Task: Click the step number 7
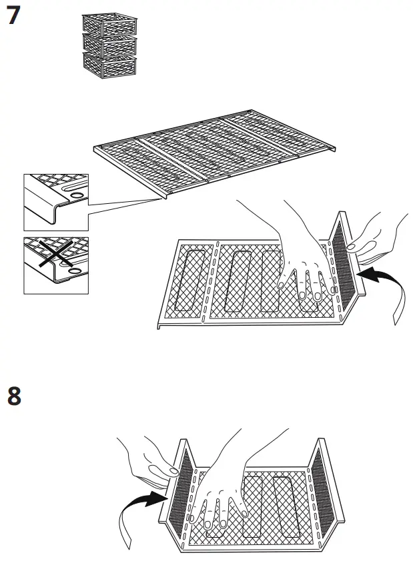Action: pos(13,16)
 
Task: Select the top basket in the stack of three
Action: pos(109,23)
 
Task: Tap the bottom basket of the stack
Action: pos(109,65)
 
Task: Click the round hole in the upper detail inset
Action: pos(76,195)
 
